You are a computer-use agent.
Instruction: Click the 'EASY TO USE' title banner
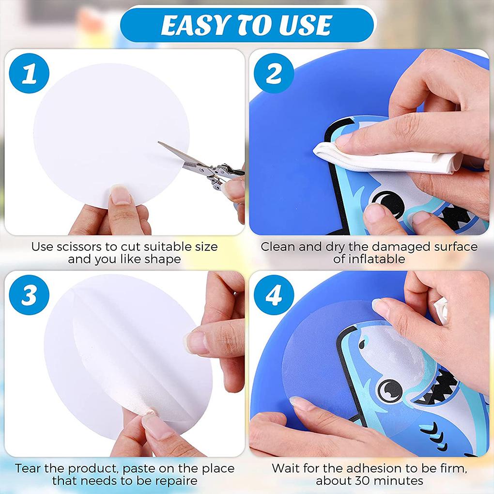[247, 25]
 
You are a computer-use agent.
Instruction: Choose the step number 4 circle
[274, 295]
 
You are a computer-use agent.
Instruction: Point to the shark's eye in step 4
[389, 387]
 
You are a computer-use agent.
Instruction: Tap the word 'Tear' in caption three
[28, 468]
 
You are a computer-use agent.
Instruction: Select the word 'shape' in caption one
[162, 259]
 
